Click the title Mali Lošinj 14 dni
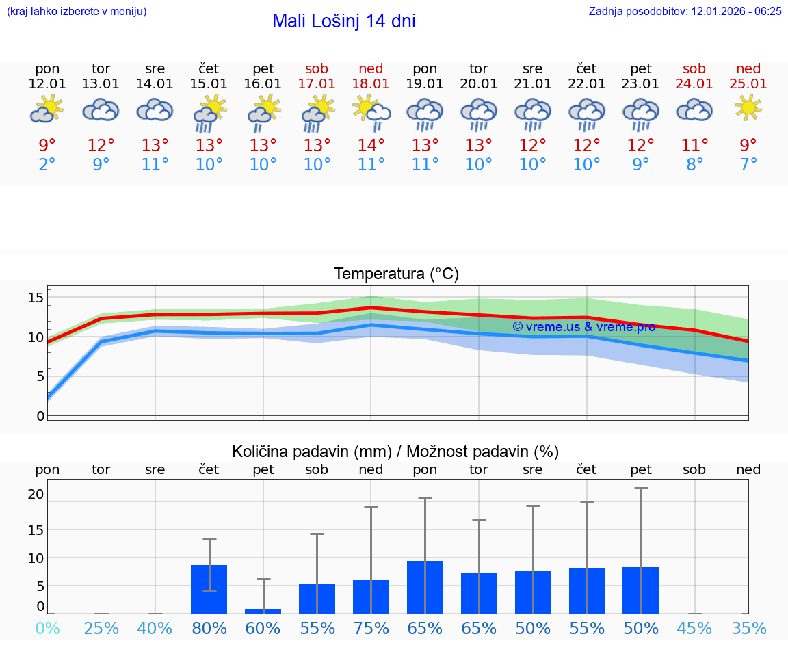[x=343, y=21]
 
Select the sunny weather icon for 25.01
[x=748, y=107]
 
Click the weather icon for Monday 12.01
[x=47, y=109]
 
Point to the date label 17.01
[x=317, y=84]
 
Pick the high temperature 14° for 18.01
[x=371, y=146]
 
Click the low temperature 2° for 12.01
[x=47, y=165]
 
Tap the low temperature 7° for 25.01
[x=748, y=165]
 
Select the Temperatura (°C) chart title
[x=396, y=274]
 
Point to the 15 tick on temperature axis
[x=36, y=298]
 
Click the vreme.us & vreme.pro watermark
[x=583, y=327]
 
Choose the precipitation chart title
[x=395, y=452]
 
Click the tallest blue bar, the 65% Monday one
[x=425, y=587]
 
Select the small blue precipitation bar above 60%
[x=263, y=611]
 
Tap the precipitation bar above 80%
[x=209, y=589]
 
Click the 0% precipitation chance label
[x=47, y=628]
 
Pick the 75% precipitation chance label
[x=371, y=628]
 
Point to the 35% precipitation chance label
[x=748, y=628]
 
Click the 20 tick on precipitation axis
[x=36, y=494]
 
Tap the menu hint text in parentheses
[x=76, y=11]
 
